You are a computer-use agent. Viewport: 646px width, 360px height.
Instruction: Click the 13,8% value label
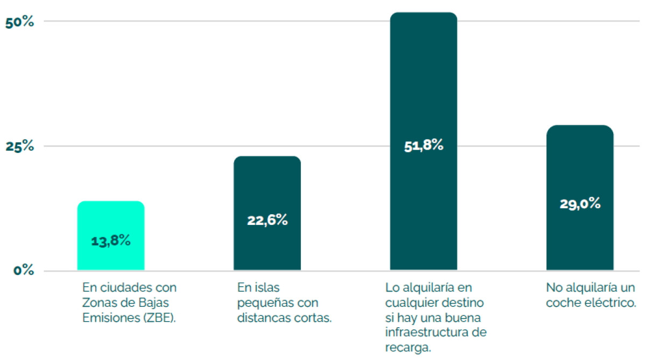click(111, 241)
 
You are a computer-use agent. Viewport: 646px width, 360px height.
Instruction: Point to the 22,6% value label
click(267, 220)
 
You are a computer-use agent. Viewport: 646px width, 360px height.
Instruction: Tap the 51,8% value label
click(423, 145)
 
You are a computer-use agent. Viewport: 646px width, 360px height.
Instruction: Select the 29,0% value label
click(580, 204)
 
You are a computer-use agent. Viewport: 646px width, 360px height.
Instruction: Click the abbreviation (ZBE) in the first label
click(159, 317)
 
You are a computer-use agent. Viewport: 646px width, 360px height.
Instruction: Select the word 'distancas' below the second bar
click(261, 317)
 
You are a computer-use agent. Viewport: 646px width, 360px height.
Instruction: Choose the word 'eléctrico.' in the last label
click(610, 302)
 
